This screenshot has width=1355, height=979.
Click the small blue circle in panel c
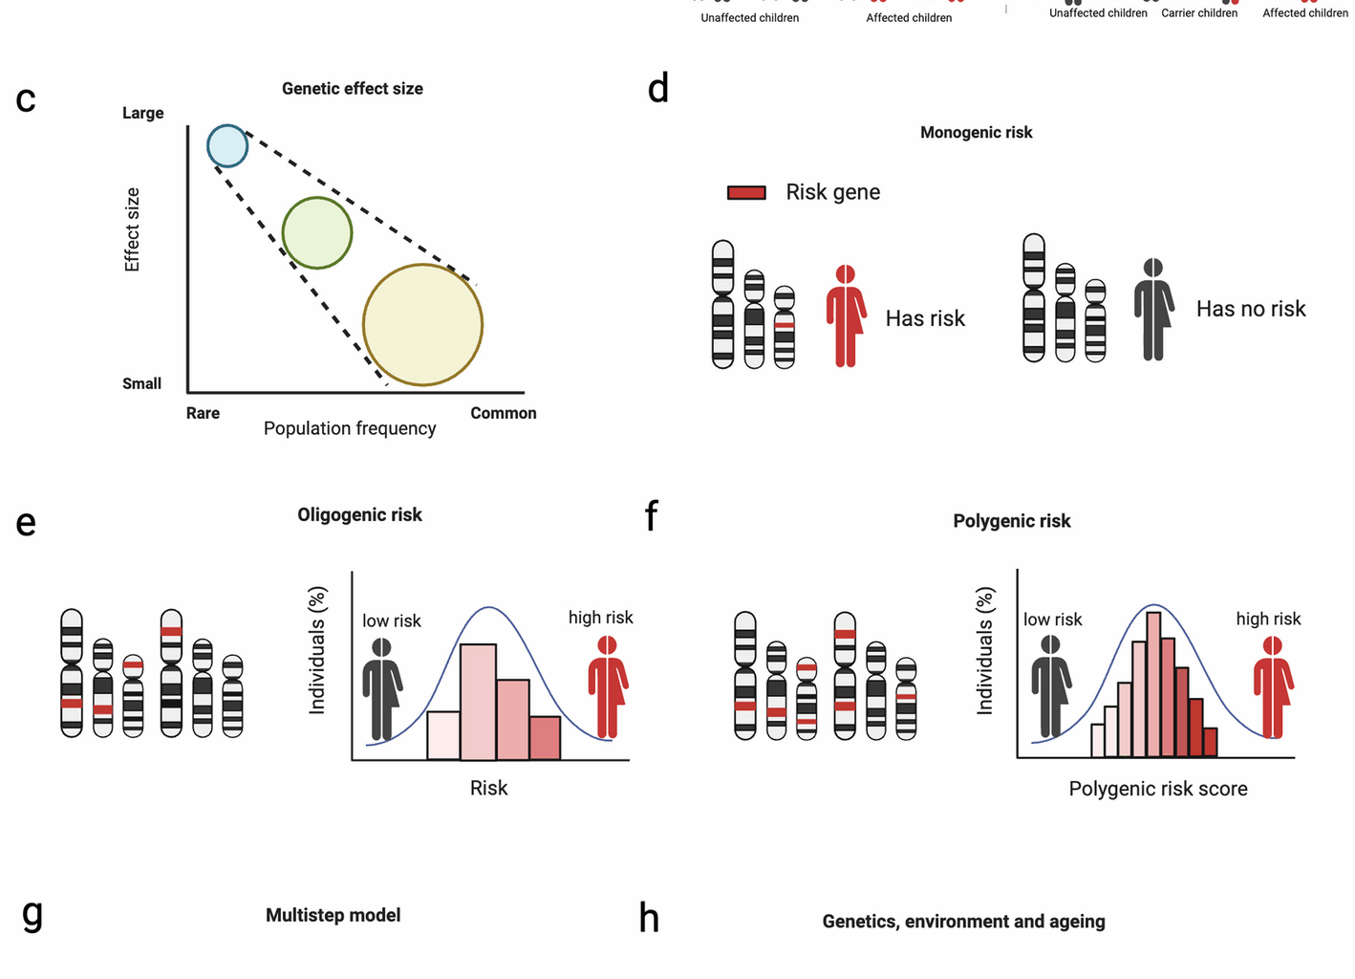click(227, 146)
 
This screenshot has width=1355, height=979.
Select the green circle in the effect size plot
click(317, 233)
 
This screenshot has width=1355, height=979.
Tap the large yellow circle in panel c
click(422, 325)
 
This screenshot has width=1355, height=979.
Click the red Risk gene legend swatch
click(746, 192)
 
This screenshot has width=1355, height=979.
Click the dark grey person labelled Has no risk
click(1153, 310)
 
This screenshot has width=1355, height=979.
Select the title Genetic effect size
click(352, 89)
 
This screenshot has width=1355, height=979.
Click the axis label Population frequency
click(350, 428)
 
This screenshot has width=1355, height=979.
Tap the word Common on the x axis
click(503, 413)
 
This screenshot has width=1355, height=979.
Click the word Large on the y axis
click(142, 113)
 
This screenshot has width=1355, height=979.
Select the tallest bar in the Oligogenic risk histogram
click(478, 703)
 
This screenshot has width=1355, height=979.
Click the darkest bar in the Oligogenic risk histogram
click(545, 738)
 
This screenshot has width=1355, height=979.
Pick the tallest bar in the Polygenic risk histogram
click(1153, 685)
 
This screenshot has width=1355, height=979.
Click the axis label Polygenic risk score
click(1157, 789)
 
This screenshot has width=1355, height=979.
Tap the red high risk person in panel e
click(607, 687)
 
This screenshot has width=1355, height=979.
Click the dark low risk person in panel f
click(1050, 687)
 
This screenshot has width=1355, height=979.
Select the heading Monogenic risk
click(976, 133)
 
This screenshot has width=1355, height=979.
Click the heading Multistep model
click(333, 915)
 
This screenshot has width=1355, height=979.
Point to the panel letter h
click(649, 919)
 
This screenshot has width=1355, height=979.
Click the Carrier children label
click(1198, 13)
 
